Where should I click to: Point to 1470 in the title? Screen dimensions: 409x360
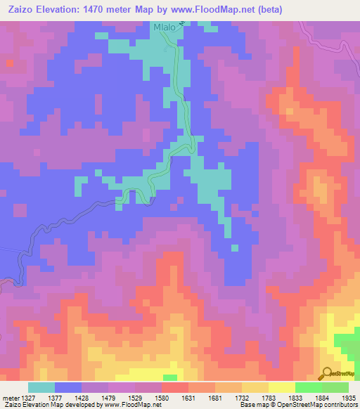point(114,10)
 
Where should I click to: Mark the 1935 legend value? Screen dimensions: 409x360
point(348,398)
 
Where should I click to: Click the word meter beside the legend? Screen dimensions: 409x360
point(8,398)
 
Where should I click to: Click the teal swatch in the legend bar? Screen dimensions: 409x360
point(41,387)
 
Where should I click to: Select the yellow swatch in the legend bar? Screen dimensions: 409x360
point(282,387)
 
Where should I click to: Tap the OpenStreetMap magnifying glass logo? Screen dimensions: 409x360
point(326,373)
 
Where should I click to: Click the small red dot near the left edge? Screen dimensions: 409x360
point(10,63)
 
